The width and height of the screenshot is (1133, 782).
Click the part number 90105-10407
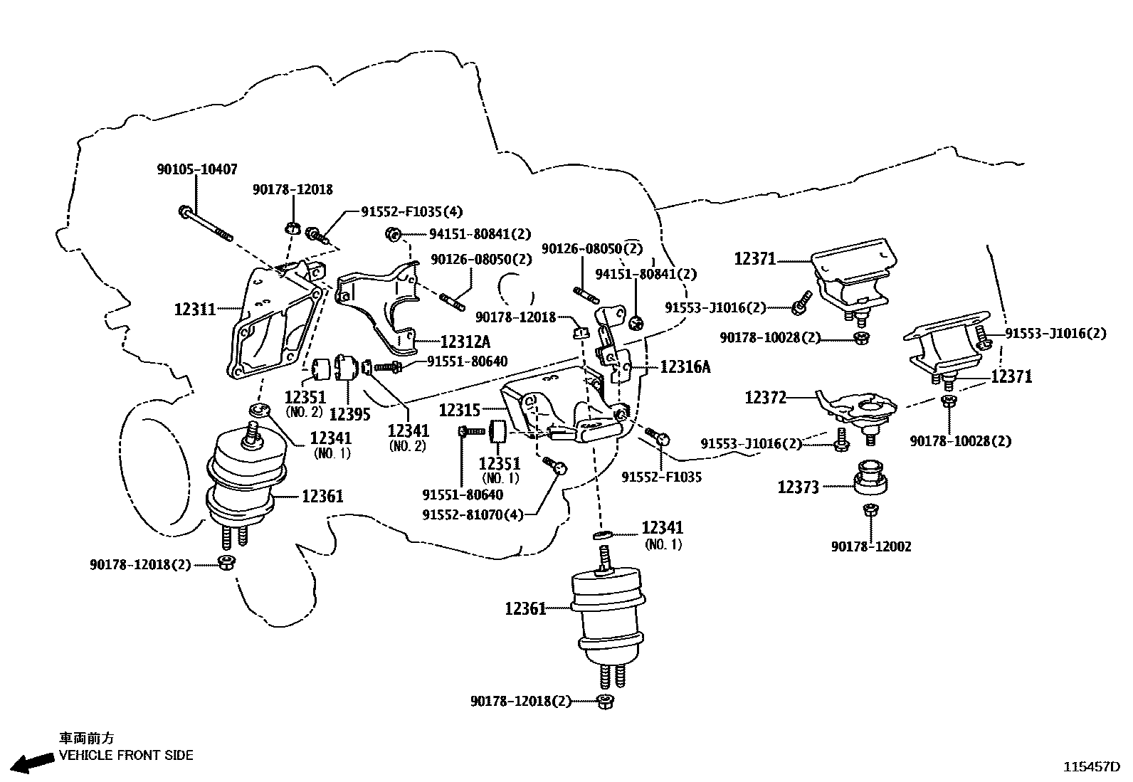click(x=196, y=169)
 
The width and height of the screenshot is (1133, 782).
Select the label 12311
click(x=194, y=310)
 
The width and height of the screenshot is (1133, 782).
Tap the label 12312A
click(x=465, y=342)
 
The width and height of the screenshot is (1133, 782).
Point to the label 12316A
click(x=685, y=366)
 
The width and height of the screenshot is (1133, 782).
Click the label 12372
click(x=766, y=398)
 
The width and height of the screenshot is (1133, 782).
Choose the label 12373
click(x=798, y=487)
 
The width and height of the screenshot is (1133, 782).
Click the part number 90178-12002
click(x=870, y=546)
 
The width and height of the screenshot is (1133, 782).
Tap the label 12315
click(x=459, y=410)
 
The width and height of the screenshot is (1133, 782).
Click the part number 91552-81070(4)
click(x=473, y=514)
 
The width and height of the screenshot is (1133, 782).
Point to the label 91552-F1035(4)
click(x=411, y=211)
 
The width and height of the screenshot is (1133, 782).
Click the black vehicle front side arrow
click(x=33, y=762)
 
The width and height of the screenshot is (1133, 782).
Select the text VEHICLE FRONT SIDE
click(x=126, y=755)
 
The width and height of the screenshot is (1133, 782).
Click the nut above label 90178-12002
click(x=869, y=509)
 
